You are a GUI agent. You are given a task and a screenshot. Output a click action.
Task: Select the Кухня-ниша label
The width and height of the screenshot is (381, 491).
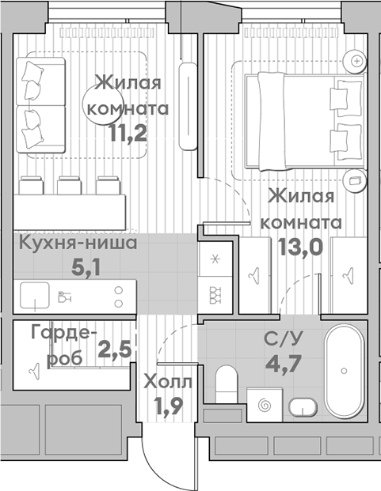point(78,243)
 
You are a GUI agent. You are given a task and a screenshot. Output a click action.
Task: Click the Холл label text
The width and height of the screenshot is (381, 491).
point(167,382)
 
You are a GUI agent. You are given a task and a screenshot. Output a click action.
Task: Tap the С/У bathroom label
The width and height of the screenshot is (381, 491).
point(283,339)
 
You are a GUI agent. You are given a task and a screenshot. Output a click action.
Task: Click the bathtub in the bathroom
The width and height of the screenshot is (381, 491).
point(344,371)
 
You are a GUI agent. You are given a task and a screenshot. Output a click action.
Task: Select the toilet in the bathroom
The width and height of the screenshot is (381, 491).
point(227,384)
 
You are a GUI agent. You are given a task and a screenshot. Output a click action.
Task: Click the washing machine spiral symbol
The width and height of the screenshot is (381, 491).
point(265,405)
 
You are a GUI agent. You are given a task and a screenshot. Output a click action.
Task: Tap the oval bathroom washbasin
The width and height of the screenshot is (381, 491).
point(303,407)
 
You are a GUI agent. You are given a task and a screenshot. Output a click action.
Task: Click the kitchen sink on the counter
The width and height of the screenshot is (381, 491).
point(35,295)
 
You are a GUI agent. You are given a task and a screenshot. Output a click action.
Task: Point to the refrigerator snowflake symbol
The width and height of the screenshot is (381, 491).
point(215,259)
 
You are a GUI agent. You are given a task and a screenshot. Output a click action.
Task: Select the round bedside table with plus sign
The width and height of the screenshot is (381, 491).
point(355,61)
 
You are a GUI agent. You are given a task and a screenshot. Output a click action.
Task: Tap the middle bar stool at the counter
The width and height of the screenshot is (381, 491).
point(69,185)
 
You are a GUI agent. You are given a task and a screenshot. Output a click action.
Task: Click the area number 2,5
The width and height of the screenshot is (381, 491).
point(114,349)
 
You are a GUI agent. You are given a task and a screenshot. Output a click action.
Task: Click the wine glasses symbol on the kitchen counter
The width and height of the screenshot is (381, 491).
point(65,296)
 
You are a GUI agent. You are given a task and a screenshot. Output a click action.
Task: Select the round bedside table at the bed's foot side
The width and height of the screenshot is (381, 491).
point(355,181)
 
